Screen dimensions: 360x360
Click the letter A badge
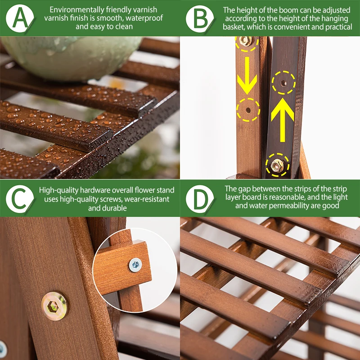pos(20,18)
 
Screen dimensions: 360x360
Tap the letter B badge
pos(199,18)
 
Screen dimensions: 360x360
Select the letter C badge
pos(20,199)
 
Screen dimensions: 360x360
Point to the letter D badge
pos(199,199)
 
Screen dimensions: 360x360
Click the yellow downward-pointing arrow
pos(247,76)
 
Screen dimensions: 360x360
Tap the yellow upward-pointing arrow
pos(283,120)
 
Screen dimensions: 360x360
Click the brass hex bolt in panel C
pos(54,306)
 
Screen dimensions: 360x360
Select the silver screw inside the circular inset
pos(135,265)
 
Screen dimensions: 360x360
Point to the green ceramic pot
pos(71,58)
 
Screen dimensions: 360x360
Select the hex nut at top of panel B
pos(246,41)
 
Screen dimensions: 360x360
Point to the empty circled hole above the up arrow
pos(283,83)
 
